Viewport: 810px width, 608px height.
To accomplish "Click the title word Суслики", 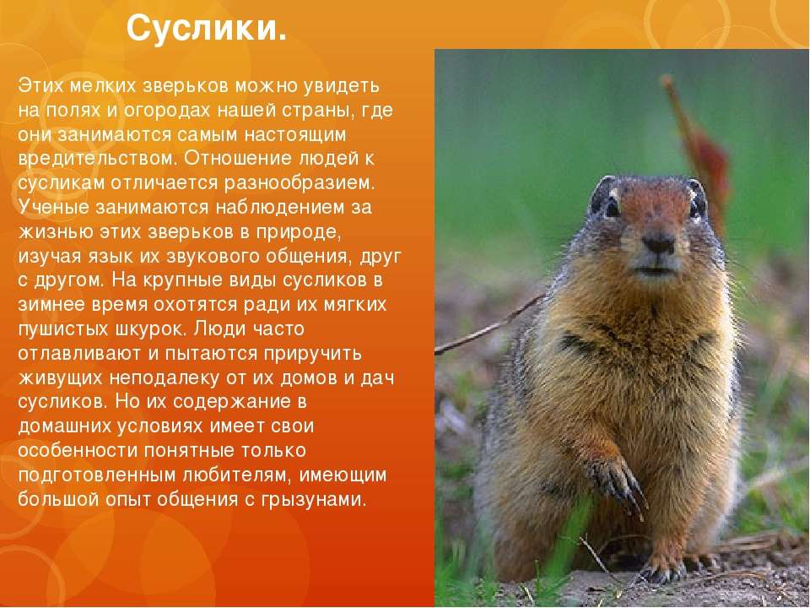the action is (x=206, y=29).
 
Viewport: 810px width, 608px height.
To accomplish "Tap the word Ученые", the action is (x=54, y=208).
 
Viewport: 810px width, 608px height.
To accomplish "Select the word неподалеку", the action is (x=164, y=378).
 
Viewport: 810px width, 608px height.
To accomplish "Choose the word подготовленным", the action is (x=96, y=475).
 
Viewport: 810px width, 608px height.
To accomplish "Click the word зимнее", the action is (x=51, y=305).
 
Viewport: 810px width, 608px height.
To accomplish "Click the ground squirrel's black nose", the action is (x=658, y=242).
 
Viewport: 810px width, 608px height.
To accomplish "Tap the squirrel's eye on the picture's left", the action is (x=613, y=207).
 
